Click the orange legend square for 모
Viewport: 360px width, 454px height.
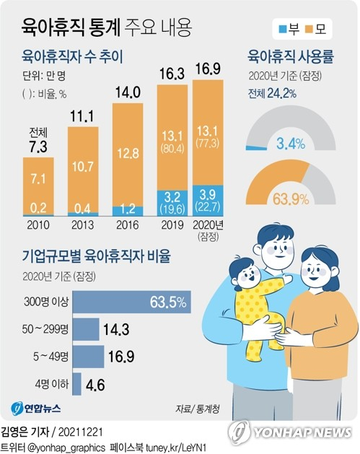point(315,30)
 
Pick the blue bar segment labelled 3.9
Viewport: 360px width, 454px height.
point(208,201)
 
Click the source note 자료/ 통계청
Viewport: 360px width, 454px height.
point(197,409)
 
